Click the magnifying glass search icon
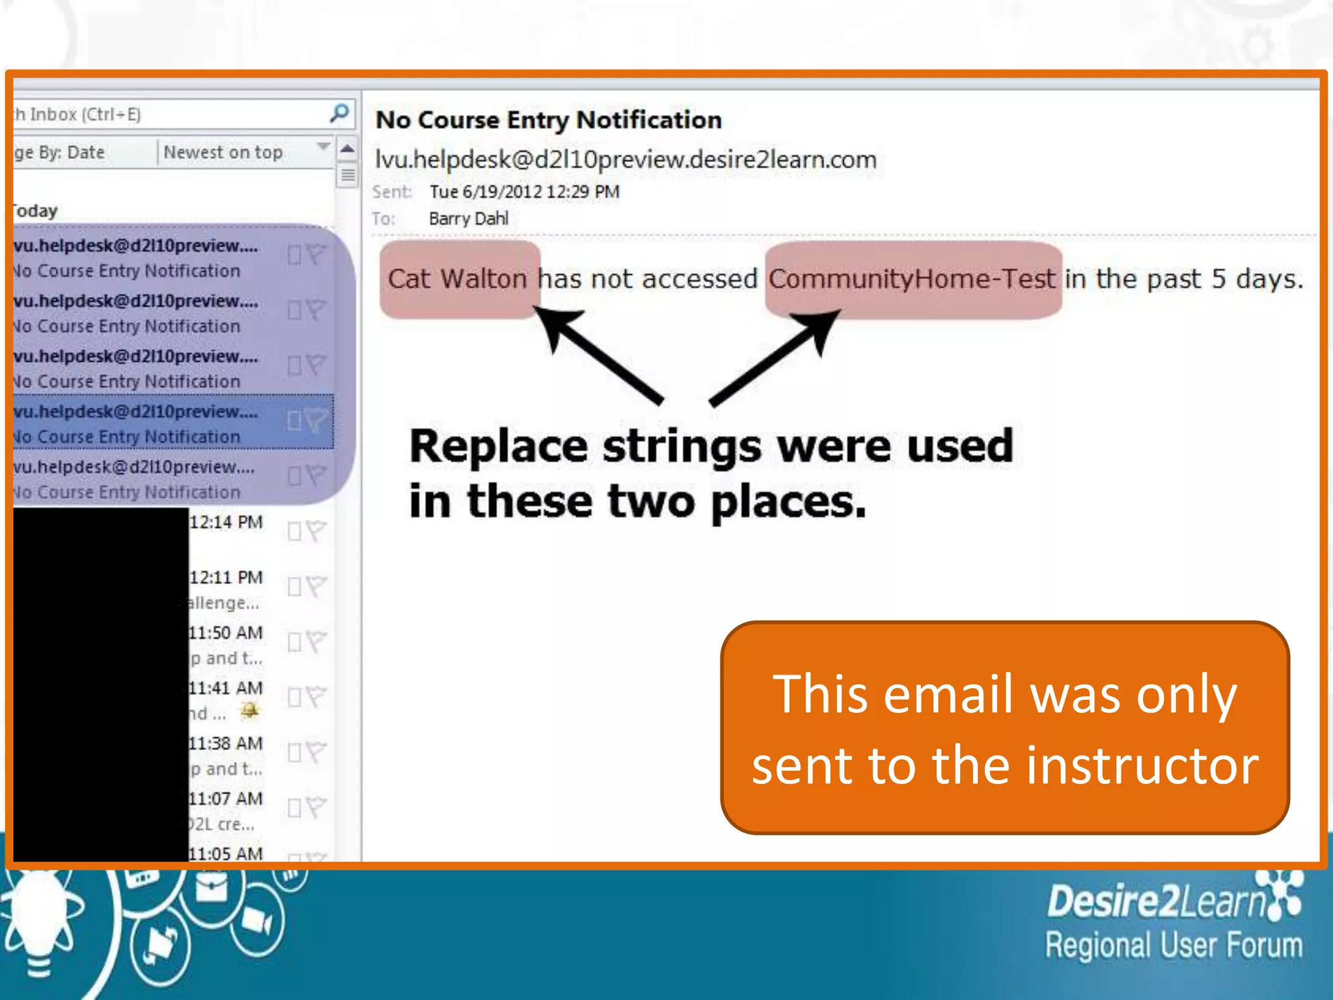[339, 113]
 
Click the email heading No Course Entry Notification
[548, 120]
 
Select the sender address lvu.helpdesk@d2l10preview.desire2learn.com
[625, 160]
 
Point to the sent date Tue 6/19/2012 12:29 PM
[524, 192]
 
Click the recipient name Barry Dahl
[468, 219]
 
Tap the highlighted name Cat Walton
[457, 279]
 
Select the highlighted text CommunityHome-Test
[911, 279]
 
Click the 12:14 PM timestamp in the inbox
[226, 522]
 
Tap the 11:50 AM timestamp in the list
[226, 633]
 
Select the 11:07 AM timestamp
[226, 799]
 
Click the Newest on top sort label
[223, 152]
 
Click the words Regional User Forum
[1174, 945]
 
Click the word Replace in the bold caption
[499, 447]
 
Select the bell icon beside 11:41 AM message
[249, 710]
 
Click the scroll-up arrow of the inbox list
[348, 149]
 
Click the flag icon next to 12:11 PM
[315, 587]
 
